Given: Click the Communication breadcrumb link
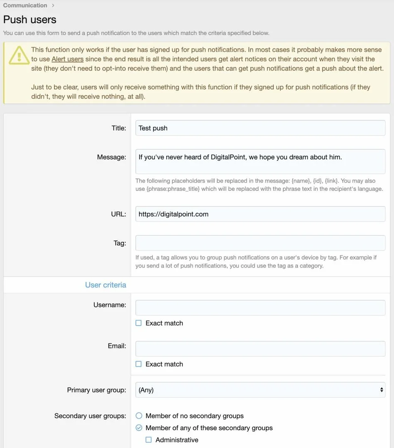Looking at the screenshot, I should pos(25,5).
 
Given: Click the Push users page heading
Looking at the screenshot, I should pos(30,19).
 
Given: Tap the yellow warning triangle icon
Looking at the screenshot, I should pos(17,55).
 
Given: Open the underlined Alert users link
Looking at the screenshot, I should pos(67,59).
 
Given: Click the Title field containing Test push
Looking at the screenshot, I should pos(260,128).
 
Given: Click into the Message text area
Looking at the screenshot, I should pos(260,162).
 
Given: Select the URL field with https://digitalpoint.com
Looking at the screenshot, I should pos(260,214).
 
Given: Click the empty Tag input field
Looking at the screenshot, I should pos(260,243).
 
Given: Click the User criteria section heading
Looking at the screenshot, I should pos(106,285).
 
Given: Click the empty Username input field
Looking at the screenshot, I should pos(260,308).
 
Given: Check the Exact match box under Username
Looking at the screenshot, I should pos(139,323).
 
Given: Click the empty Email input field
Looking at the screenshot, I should pos(260,349).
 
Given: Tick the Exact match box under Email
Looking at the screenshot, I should pos(139,364).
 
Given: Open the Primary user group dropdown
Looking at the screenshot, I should pos(260,390).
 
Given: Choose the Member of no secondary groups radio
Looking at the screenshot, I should pos(139,416).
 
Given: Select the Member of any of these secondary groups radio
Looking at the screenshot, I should pos(139,428).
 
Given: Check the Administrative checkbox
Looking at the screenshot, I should pos(148,440).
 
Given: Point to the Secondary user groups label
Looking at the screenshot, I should pos(90,416).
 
